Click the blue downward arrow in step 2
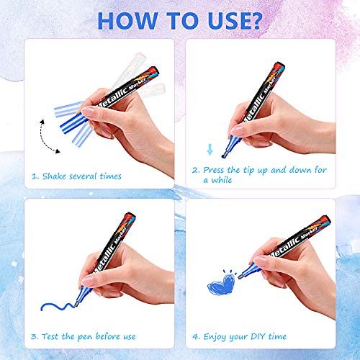coord(210,149)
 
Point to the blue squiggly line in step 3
coord(58,307)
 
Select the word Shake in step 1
coord(54,176)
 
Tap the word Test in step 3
coord(50,336)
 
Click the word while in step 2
coord(222,180)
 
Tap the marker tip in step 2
coord(224,154)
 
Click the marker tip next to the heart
coord(240,276)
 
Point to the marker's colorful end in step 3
coord(129,220)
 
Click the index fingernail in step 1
coord(87,112)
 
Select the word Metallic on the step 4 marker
coord(286,246)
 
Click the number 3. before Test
coord(35,336)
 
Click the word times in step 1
coord(111,176)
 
